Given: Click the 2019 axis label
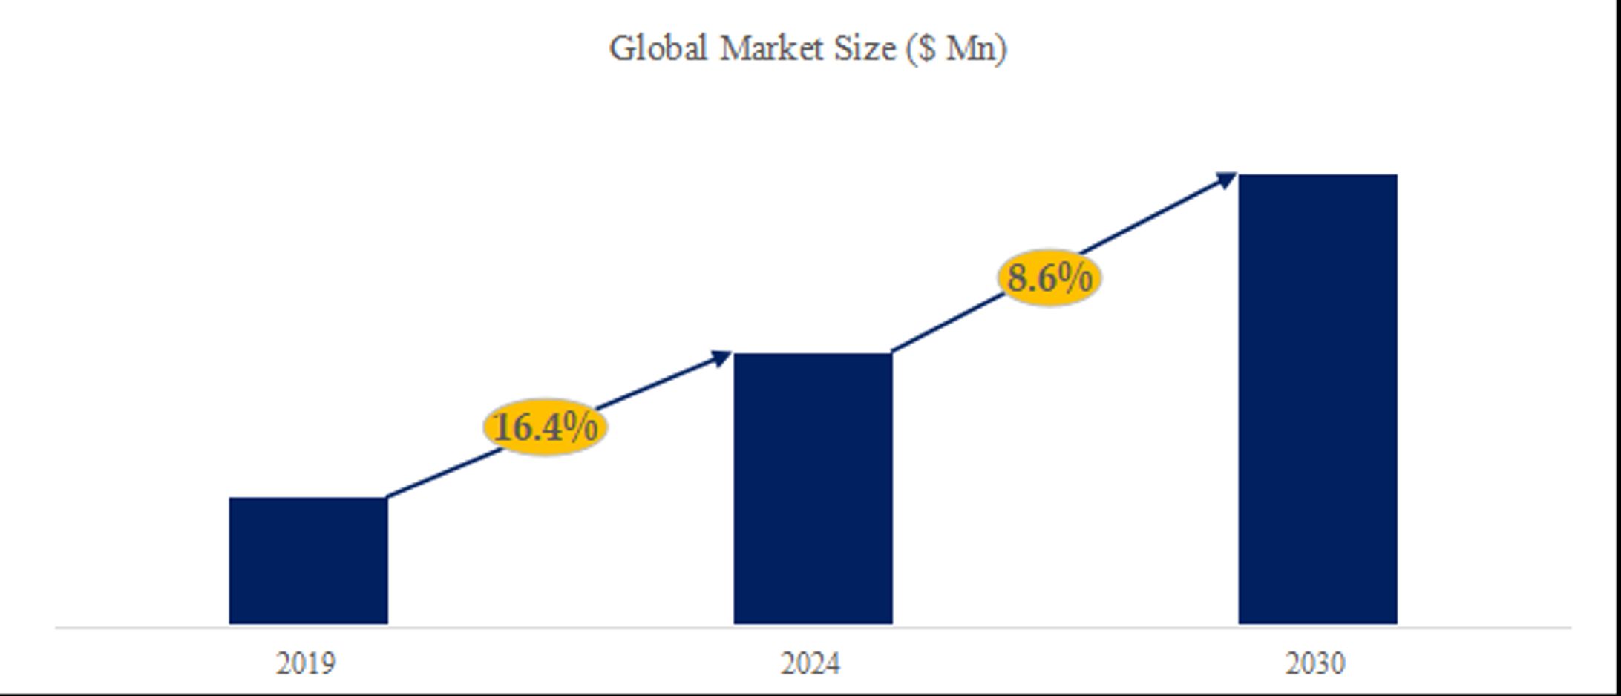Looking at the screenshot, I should point(306,663).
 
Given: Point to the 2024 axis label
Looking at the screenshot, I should point(810,663).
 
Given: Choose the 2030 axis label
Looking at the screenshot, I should point(1315,663).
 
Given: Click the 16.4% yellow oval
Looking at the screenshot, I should point(546,427).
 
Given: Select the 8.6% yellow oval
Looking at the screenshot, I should point(1049,278).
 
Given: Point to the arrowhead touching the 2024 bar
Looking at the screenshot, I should point(721,358).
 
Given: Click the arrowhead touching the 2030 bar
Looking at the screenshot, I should point(1225,180).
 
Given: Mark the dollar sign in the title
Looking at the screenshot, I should point(926,49).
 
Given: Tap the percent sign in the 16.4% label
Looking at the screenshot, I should point(580,426).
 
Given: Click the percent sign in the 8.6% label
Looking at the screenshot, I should point(1073,278).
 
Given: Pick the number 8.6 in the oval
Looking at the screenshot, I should point(1030,278).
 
